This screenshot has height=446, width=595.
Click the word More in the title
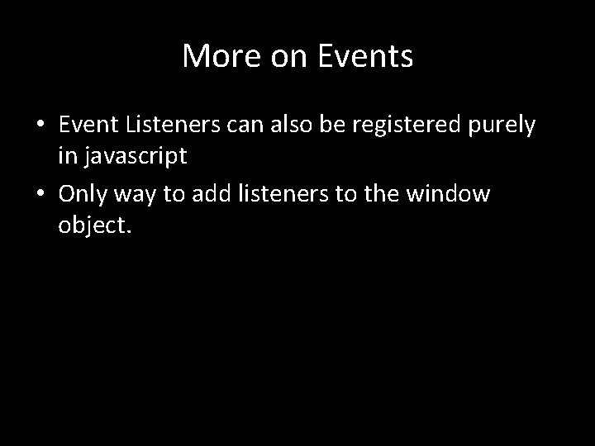(x=214, y=56)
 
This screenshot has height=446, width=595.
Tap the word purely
(x=505, y=126)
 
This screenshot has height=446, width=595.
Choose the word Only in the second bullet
(x=84, y=195)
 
